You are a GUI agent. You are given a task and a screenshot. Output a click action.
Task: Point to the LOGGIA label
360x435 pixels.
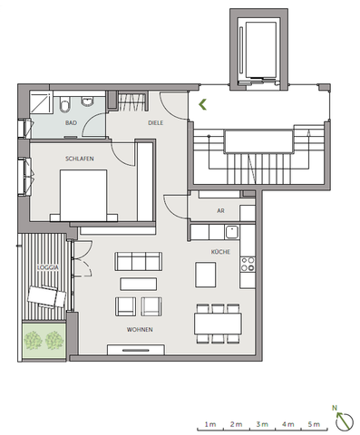(x=48, y=269)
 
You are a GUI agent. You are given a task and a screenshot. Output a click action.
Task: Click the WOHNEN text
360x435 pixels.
(x=140, y=330)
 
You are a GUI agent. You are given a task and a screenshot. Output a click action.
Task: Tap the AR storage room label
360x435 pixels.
(x=220, y=210)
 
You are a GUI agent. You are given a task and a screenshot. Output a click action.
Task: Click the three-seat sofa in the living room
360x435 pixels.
(x=140, y=263)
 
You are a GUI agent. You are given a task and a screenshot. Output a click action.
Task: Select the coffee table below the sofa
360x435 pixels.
(x=141, y=284)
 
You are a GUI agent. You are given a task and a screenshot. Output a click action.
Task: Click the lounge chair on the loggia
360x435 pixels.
(x=44, y=295)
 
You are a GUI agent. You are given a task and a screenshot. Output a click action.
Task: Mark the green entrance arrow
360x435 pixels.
(x=205, y=103)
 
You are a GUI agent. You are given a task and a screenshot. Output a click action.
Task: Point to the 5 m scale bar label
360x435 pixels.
(x=313, y=424)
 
